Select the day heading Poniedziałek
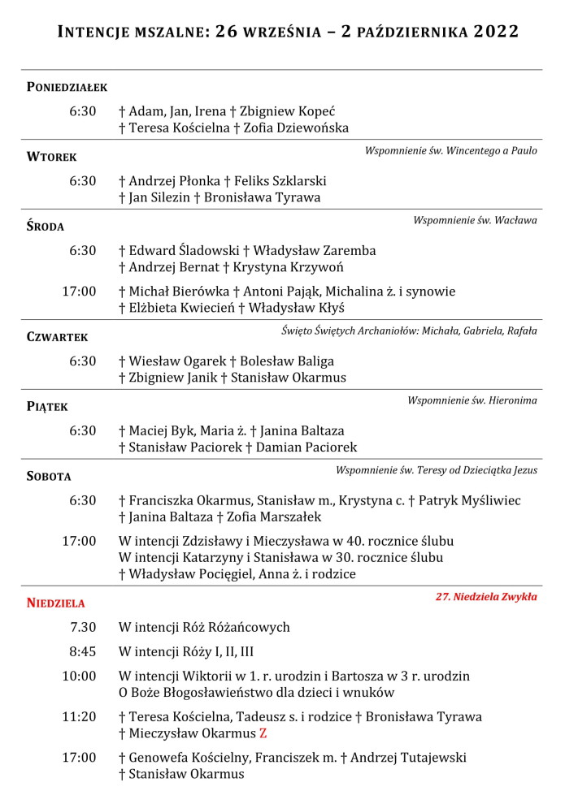(x=67, y=87)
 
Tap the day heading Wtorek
(x=51, y=157)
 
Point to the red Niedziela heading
(x=55, y=603)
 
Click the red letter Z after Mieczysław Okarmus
(x=263, y=733)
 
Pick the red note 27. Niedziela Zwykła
(x=486, y=596)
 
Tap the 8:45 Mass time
(x=82, y=651)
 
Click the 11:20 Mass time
(x=80, y=716)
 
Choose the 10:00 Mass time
(x=80, y=676)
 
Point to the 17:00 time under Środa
(x=80, y=291)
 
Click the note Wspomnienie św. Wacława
(x=475, y=220)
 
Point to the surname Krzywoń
(x=314, y=267)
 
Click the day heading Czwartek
(x=57, y=337)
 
